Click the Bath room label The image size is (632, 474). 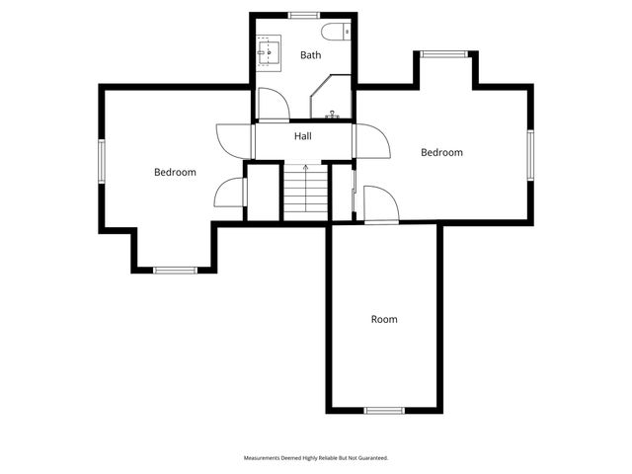pos(311,55)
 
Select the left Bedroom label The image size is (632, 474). pos(175,172)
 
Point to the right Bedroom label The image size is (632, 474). pos(441,152)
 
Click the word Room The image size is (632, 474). pos(384,319)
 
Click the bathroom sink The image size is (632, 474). pos(269,49)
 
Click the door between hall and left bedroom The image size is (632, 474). pos(230,141)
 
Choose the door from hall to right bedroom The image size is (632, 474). pos(372,141)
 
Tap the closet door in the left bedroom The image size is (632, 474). pos(230,192)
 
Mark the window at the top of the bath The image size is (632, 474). pos(303,14)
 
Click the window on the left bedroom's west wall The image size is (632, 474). pos(101,160)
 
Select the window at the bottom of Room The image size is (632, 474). pos(384,410)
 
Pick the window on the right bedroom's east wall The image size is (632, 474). pos(530,156)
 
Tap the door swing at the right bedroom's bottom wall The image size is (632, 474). pos(380,205)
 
